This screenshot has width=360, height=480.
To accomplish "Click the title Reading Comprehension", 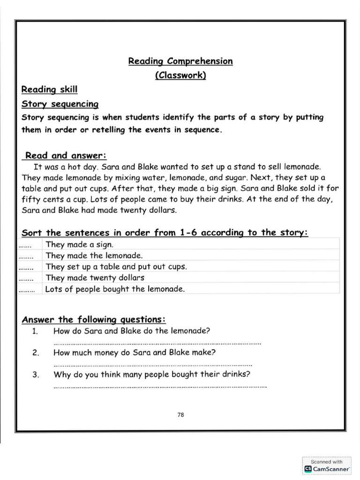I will click(180, 61).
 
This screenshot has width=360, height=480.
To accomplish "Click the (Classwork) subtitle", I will click(180, 75).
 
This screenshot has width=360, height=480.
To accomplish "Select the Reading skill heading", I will click(50, 90).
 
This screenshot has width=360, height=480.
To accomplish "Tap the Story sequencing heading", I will click(60, 104).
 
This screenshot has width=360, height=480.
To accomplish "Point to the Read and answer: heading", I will click(66, 155).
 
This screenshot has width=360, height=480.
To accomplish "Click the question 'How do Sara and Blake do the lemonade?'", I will click(132, 331).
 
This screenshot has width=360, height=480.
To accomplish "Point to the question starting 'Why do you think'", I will click(152, 375).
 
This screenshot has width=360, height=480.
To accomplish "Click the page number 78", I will click(180, 414).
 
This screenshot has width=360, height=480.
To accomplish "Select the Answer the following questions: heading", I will click(94, 320).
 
